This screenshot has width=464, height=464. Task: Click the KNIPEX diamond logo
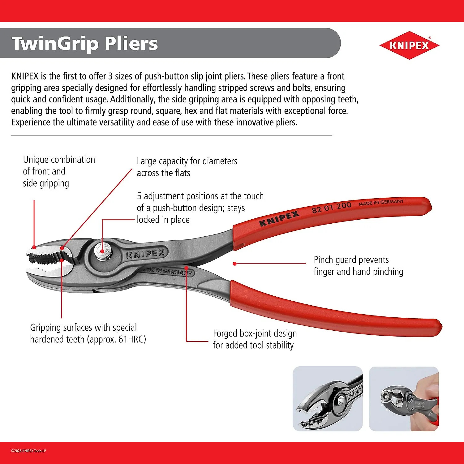409,45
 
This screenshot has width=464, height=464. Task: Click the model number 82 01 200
331,208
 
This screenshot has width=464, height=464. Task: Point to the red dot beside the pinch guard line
234,264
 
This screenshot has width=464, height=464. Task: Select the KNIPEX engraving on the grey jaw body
145,254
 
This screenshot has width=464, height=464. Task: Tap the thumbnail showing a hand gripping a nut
404,399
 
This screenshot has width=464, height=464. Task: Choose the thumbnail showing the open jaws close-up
328,399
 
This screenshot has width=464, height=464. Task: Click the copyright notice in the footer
28,451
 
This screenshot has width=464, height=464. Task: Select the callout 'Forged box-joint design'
255,333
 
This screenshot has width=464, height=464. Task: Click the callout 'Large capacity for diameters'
187,161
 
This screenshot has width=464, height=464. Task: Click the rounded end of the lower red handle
438,327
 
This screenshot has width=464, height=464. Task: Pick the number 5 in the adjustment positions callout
139,196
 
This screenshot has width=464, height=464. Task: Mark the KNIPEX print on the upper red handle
279,218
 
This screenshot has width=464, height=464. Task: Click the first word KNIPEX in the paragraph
25,76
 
